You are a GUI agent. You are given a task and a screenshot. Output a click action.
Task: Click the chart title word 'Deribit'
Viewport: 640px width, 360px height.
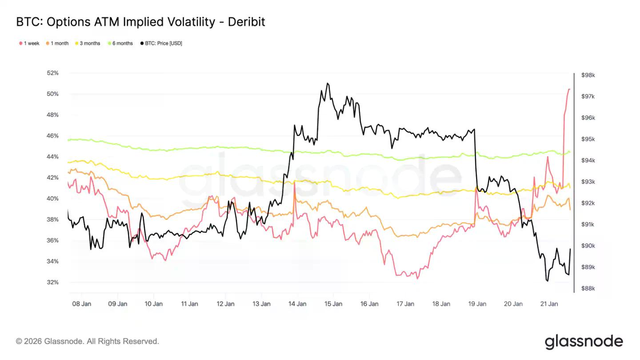246,22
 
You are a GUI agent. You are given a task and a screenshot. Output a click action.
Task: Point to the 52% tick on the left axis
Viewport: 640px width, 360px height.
52,73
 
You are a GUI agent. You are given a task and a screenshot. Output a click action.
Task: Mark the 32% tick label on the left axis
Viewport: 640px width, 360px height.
52,282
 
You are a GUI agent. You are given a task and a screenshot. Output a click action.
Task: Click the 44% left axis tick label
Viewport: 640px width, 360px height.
52,156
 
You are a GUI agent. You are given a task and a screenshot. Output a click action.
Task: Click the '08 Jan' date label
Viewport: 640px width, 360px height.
81,304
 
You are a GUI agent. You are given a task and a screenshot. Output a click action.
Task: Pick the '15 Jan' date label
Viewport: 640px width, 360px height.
333,304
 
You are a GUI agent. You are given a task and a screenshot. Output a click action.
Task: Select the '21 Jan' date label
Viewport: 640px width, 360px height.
549,304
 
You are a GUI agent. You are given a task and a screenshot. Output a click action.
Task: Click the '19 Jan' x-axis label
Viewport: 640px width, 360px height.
477,304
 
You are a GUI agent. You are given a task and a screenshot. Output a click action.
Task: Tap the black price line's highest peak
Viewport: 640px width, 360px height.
328,83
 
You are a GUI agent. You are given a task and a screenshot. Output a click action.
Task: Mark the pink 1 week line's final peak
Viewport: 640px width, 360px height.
569,89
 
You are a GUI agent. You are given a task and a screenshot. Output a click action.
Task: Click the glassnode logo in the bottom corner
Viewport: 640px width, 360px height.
584,341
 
